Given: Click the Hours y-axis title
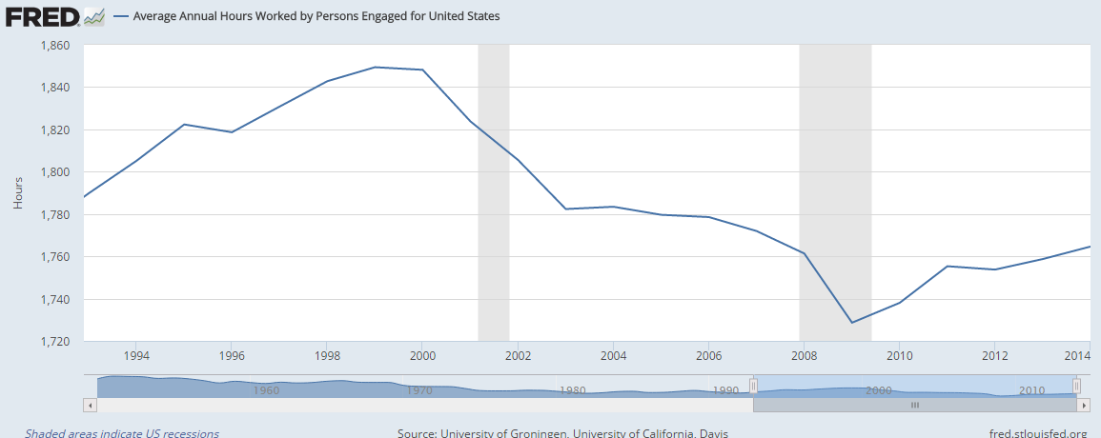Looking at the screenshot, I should [17, 193].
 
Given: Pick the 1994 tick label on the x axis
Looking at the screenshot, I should [136, 355].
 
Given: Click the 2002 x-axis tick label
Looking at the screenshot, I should [518, 355].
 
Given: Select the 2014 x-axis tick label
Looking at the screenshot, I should [1077, 355].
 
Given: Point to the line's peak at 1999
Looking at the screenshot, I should [375, 67].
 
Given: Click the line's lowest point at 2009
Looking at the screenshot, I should [851, 323].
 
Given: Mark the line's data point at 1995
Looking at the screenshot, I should [184, 125].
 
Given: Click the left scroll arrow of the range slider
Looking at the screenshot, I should [91, 405].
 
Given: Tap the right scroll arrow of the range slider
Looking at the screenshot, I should [1083, 405].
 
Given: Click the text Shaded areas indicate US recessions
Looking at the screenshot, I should [122, 433].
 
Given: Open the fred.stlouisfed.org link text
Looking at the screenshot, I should [1037, 433].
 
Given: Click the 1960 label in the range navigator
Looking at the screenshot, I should [266, 390].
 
